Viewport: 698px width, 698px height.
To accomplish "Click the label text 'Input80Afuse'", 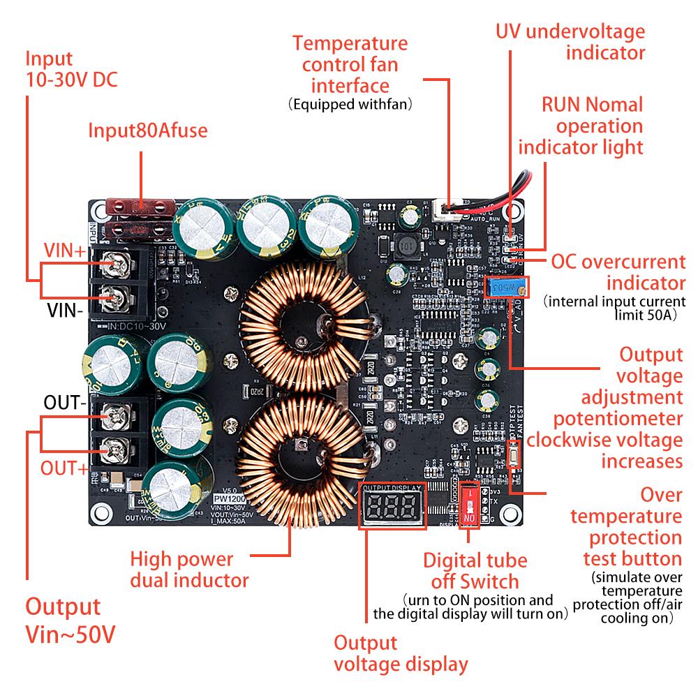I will [147, 131].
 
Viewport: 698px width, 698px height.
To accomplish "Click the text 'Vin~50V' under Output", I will [70, 634].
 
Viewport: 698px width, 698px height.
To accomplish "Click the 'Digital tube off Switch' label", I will [475, 570].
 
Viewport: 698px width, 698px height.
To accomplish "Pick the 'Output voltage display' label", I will [401, 653].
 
